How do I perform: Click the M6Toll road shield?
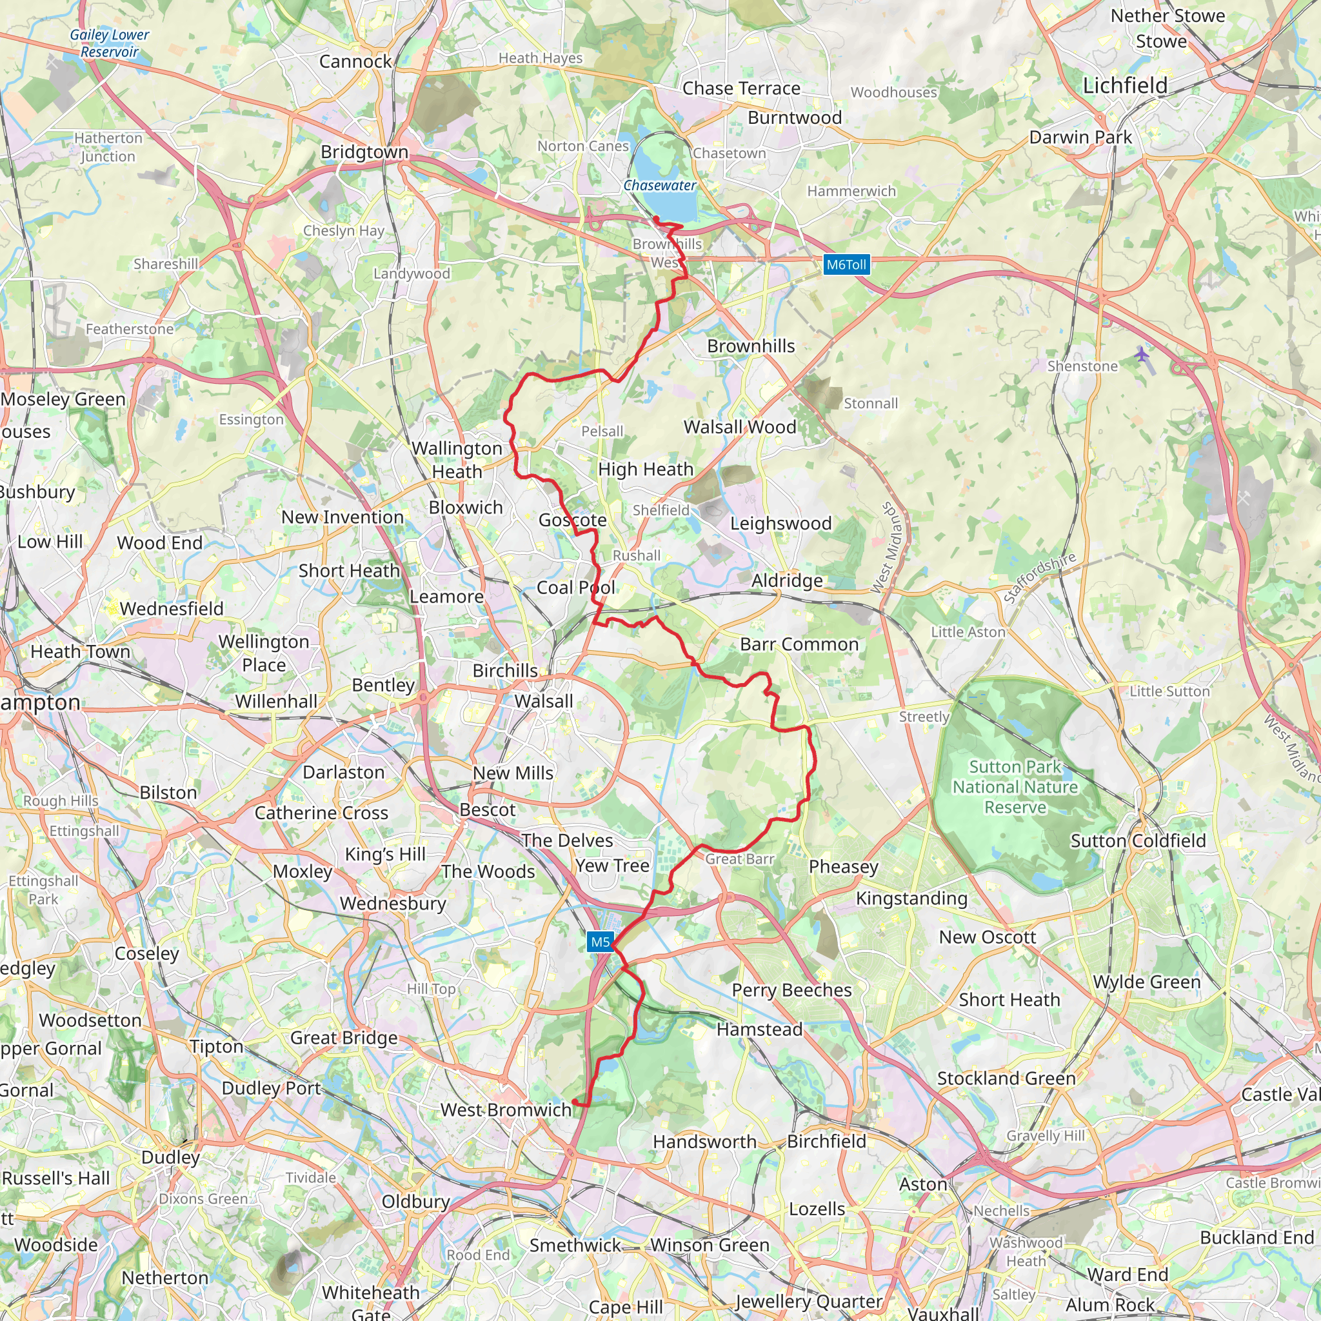pyautogui.click(x=846, y=264)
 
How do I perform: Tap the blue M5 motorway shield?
pyautogui.click(x=600, y=942)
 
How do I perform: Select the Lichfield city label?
pyautogui.click(x=1125, y=86)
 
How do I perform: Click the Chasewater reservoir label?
pyautogui.click(x=659, y=185)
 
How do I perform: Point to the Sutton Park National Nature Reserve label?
pyautogui.click(x=1015, y=787)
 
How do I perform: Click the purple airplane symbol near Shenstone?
pyautogui.click(x=1142, y=354)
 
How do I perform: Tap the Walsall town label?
pyautogui.click(x=544, y=701)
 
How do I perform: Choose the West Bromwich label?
pyautogui.click(x=505, y=1109)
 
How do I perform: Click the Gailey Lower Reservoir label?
pyautogui.click(x=110, y=43)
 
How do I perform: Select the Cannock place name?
pyautogui.click(x=355, y=61)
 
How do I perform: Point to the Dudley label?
pyautogui.click(x=170, y=1157)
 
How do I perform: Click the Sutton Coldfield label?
pyautogui.click(x=1138, y=840)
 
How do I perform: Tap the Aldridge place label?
pyautogui.click(x=787, y=581)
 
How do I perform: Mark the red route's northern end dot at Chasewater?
pyautogui.click(x=656, y=219)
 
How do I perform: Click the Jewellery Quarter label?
pyautogui.click(x=808, y=1301)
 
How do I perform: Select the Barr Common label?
pyautogui.click(x=799, y=644)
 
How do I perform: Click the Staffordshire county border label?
pyautogui.click(x=1039, y=579)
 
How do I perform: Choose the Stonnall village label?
pyautogui.click(x=870, y=403)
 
